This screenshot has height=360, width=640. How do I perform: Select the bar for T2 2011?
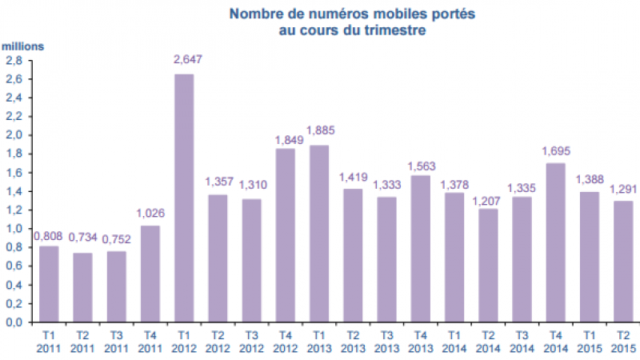click(x=82, y=287)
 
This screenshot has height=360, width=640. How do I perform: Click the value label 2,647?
click(x=184, y=59)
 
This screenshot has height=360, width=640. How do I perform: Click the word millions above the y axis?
click(x=22, y=46)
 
